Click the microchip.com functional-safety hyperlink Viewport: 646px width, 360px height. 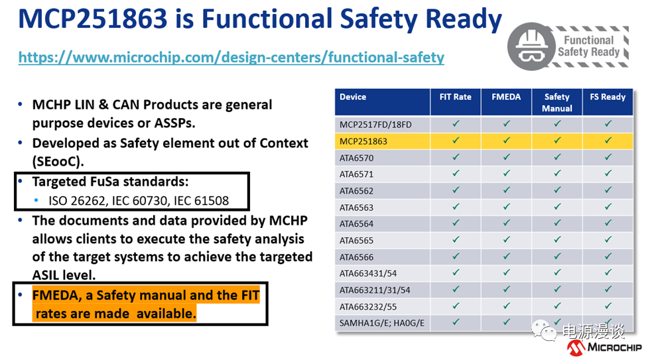tap(231, 57)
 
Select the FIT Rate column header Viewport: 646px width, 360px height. tap(455, 97)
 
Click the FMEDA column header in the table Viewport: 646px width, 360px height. tap(506, 97)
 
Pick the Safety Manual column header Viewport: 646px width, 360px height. tap(557, 103)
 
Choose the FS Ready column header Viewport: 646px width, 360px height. tap(608, 97)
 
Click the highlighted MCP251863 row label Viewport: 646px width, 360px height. tap(363, 141)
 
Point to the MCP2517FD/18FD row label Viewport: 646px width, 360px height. tap(375, 125)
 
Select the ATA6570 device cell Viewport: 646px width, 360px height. tap(356, 158)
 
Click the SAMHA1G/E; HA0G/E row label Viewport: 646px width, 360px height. tap(381, 323)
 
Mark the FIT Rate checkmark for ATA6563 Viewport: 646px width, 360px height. tap(456, 207)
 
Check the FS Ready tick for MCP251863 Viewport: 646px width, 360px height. tap(608, 141)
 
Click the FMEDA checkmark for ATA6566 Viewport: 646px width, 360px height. tap(506, 256)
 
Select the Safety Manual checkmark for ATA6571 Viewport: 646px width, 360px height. tap(557, 174)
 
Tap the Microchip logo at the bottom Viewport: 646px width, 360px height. tap(604, 347)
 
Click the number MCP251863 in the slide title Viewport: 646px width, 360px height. tap(93, 19)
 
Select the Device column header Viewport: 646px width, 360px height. tap(353, 97)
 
